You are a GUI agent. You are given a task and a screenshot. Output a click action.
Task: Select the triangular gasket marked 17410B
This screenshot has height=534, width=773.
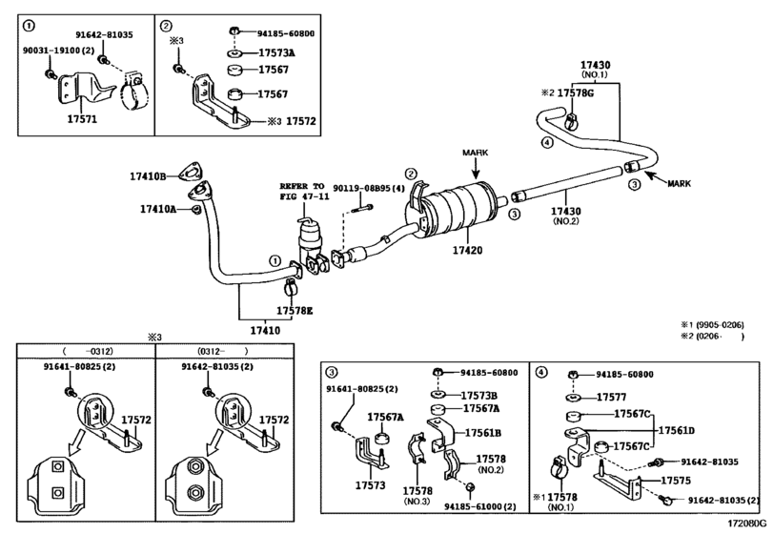pos(194,173)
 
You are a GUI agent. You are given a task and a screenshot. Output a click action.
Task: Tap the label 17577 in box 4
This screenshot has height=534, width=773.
pos(613,396)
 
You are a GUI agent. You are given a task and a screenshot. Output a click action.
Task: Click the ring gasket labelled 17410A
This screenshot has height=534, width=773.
pos(196,208)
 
